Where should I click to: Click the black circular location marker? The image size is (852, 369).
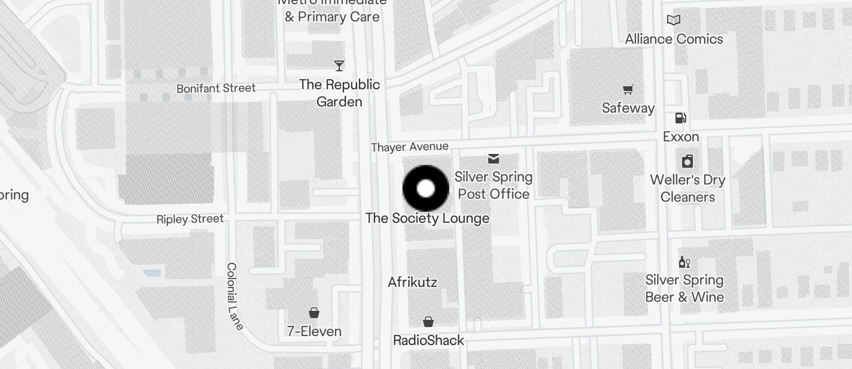(425, 189)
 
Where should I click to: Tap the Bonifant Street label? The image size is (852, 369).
(216, 88)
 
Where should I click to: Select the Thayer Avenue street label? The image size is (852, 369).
(409, 147)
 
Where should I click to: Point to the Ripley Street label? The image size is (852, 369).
(190, 219)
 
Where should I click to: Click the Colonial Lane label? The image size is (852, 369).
(235, 296)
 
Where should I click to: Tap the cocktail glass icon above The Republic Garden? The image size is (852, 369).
(339, 65)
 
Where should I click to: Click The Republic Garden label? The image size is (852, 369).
(339, 93)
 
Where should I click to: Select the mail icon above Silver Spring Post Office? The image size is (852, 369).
(494, 159)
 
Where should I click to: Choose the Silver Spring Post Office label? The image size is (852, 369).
(494, 185)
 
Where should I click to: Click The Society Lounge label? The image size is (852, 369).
(427, 218)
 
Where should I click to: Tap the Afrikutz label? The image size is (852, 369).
(412, 282)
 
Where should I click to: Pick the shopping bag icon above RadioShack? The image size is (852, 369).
(428, 322)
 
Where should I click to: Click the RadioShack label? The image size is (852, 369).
(428, 340)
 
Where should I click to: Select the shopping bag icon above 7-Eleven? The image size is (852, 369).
(314, 312)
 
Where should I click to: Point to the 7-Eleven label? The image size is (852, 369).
(314, 331)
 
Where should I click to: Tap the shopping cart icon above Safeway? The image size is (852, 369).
(628, 90)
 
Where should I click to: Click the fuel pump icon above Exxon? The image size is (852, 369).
(681, 118)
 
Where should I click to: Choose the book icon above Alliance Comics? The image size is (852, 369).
(674, 20)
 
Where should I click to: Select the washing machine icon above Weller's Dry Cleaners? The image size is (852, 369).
(687, 161)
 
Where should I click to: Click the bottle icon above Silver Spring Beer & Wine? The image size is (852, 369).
(684, 262)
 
